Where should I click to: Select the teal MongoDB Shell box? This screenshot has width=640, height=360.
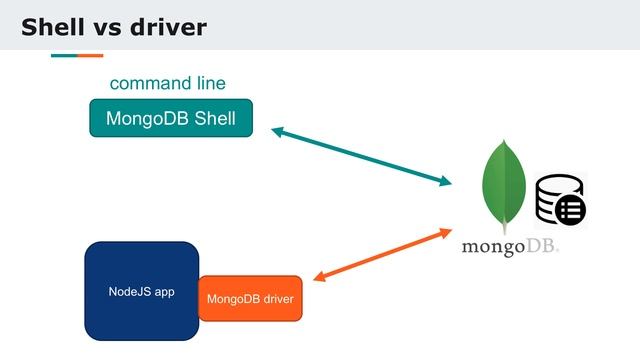pos(171,119)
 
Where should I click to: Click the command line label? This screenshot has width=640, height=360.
pos(167,83)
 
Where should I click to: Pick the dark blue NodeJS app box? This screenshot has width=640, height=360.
pos(141,291)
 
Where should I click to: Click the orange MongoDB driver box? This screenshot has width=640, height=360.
pos(250,299)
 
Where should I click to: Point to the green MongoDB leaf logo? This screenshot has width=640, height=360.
pos(504,186)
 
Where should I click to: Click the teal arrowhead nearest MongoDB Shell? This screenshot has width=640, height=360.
pos(278,131)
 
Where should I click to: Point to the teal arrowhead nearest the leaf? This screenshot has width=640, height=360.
pos(445,181)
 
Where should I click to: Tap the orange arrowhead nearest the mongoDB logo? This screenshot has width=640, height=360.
pos(446,233)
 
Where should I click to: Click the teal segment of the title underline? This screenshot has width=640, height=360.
pos(64,55)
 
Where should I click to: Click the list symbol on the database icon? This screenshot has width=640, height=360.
pos(570,209)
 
